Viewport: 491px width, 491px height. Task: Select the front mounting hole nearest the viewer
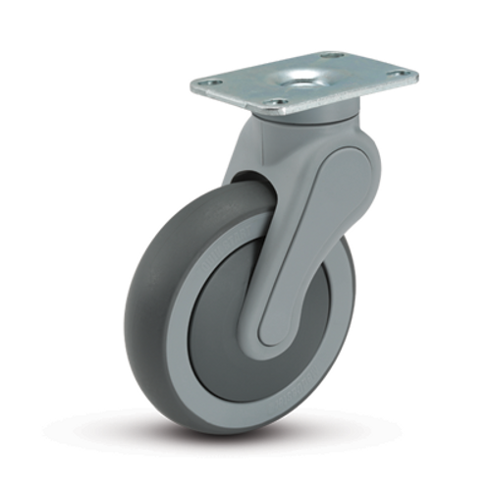pyautogui.click(x=278, y=101)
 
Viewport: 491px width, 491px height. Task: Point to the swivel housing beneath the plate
pyautogui.click(x=304, y=133)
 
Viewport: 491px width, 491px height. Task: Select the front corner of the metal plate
pyautogui.click(x=285, y=111)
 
